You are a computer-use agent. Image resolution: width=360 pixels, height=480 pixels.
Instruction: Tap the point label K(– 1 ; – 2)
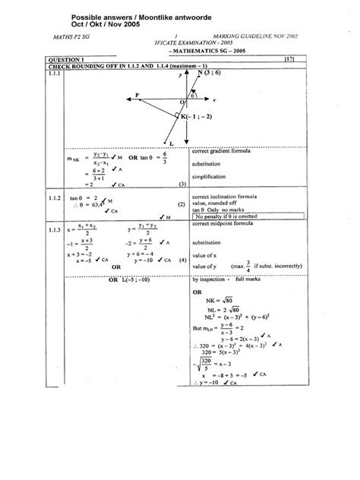point(199,115)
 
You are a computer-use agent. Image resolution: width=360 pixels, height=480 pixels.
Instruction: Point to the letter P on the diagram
point(137,95)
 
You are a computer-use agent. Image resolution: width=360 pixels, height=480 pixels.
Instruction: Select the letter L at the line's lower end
point(172,143)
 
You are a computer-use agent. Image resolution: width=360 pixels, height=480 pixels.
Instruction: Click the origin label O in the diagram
point(182,103)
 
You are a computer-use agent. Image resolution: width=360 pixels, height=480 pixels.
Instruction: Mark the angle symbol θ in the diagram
point(193,96)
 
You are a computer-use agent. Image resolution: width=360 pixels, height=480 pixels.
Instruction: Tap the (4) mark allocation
point(182,261)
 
